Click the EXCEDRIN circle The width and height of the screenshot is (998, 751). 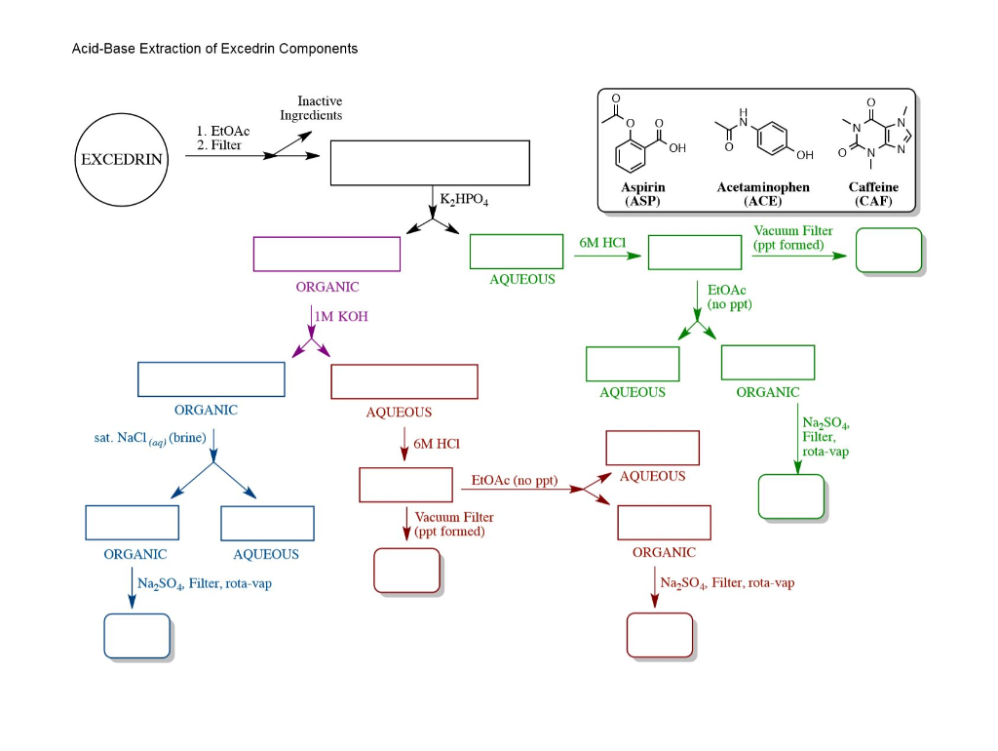pos(122,160)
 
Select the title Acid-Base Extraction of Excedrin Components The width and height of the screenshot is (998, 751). pos(214,49)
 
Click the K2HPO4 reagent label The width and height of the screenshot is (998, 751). pos(464,200)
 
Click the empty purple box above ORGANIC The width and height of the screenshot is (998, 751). pos(326,254)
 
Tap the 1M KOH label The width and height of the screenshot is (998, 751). pos(341,317)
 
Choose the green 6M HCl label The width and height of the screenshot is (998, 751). pos(601,242)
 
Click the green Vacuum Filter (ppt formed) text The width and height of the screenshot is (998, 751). pos(793,238)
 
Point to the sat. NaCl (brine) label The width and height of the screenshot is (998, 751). pos(143,439)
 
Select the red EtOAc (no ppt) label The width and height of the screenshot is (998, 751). pos(515,481)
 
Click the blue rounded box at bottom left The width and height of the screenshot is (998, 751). pos(137,637)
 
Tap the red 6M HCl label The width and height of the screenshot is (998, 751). pos(436,444)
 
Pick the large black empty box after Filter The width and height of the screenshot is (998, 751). pos(430,163)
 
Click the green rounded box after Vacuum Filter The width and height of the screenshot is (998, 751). pos(888,251)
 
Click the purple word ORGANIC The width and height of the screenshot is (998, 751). pos(327,288)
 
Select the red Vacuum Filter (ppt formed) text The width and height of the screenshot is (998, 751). pos(453,525)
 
